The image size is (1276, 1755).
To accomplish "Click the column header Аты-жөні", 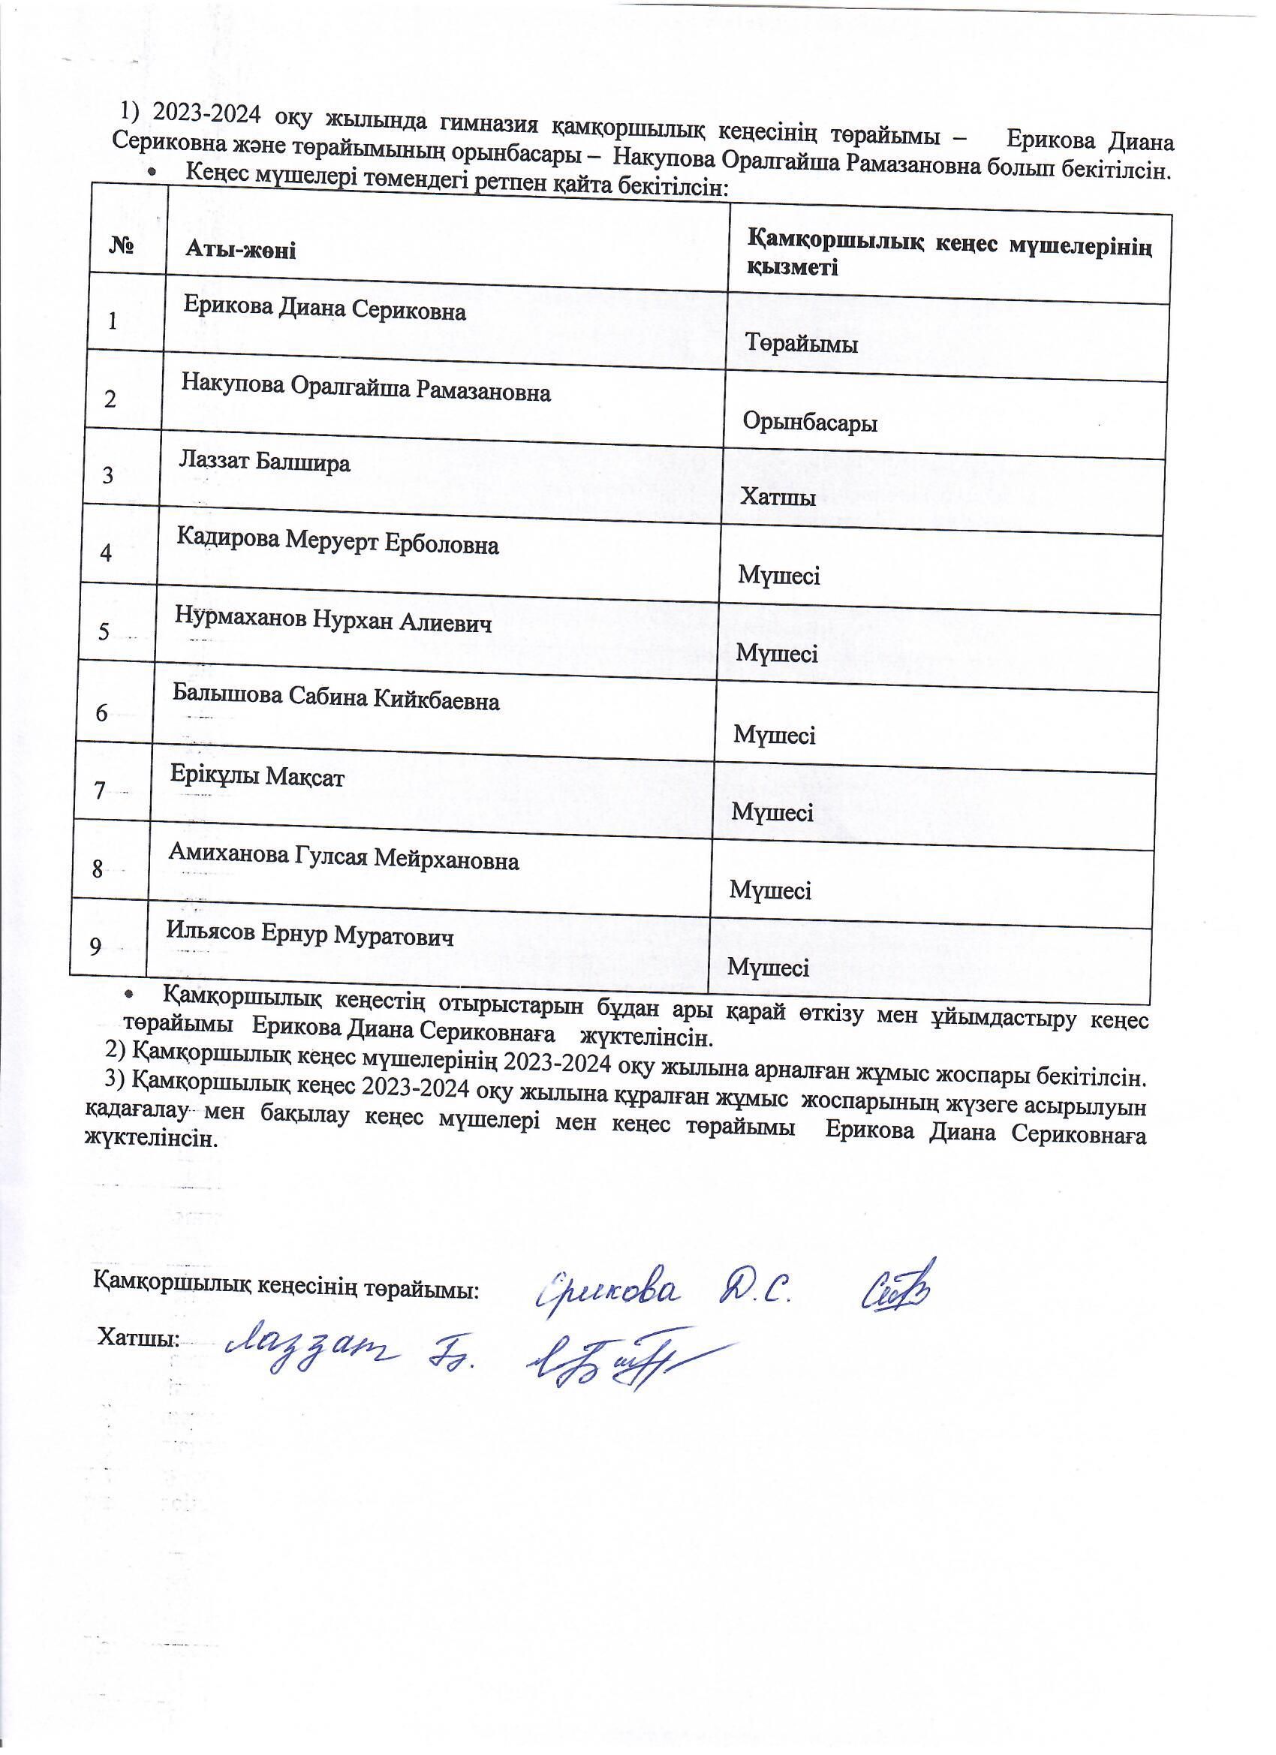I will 241,249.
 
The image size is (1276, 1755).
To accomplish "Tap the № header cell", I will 122,247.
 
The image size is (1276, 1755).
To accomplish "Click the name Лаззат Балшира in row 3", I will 265,462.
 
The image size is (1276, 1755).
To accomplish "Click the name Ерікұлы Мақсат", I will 257,776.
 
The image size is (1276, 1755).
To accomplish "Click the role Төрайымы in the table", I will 801,343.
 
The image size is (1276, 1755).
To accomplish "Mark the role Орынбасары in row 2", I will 809,423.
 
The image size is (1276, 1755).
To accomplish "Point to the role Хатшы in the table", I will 778,497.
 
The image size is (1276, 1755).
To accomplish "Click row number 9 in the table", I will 95,946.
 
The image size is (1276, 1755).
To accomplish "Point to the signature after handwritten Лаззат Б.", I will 619,1362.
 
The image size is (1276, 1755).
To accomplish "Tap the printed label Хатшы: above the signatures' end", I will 138,1338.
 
